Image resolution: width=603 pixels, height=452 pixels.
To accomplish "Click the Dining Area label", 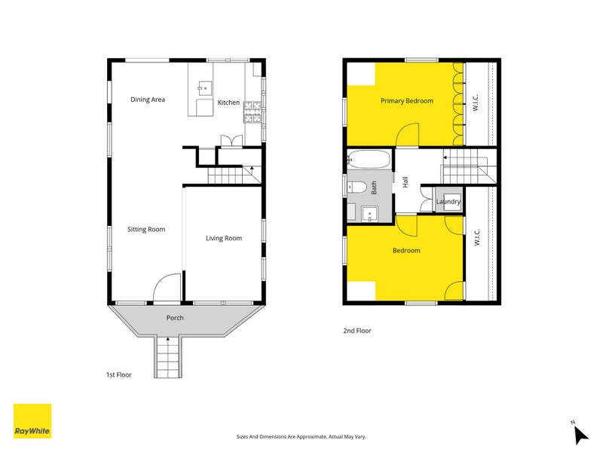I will (x=148, y=99).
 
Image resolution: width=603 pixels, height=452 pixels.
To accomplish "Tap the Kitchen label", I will (x=228, y=102).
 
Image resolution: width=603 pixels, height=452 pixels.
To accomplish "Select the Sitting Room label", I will (x=145, y=229).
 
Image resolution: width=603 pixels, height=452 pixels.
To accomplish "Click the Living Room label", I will (x=224, y=238).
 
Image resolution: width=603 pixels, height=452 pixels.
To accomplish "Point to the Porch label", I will (x=175, y=318).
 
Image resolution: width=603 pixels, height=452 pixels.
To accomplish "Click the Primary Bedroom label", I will (x=406, y=100).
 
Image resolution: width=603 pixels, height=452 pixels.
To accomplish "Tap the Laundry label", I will (x=448, y=202).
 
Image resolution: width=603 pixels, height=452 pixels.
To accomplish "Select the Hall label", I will (x=406, y=182).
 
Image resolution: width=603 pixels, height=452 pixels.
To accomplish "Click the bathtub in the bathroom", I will (x=369, y=160).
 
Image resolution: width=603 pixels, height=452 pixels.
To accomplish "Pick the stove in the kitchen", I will (x=251, y=113).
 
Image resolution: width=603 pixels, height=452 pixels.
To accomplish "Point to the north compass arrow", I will (x=580, y=435).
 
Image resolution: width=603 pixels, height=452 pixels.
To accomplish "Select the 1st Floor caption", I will (x=118, y=374).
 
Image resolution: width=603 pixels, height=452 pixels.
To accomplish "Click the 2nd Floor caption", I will (x=357, y=331).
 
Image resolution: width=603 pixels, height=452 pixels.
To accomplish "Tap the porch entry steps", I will (x=168, y=357).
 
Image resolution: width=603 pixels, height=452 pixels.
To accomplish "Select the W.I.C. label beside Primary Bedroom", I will (x=476, y=104).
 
